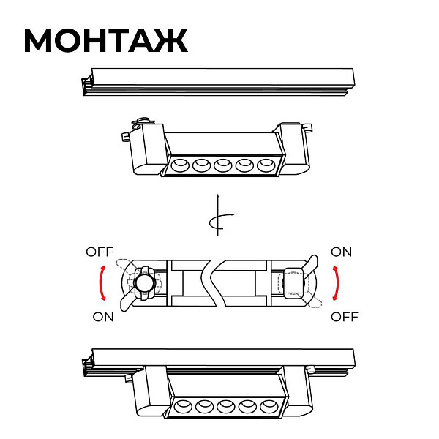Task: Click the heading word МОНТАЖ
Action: click(x=106, y=40)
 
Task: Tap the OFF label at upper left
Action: click(x=100, y=252)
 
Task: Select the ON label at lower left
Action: click(x=103, y=317)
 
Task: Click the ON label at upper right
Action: click(x=341, y=252)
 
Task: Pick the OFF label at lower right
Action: click(x=345, y=317)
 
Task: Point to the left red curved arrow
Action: click(x=102, y=283)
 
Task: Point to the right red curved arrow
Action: click(x=335, y=283)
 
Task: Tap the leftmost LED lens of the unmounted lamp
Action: click(x=180, y=165)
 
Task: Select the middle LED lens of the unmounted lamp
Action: click(x=223, y=165)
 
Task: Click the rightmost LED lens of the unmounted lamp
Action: click(x=266, y=165)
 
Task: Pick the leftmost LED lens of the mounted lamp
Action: click(x=184, y=407)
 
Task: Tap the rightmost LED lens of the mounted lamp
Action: click(x=269, y=407)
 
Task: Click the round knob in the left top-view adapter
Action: click(x=145, y=283)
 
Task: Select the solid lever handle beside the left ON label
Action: click(x=127, y=303)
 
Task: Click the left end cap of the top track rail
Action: click(x=86, y=85)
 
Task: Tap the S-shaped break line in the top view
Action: click(x=213, y=283)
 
